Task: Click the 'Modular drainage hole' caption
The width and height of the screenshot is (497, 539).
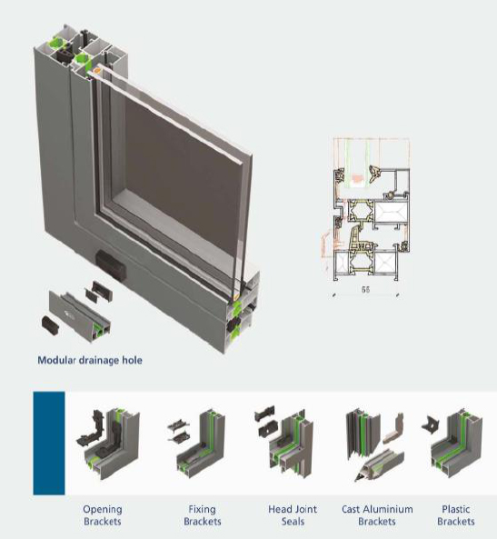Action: [90, 360]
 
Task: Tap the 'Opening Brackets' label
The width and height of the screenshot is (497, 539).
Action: [103, 515]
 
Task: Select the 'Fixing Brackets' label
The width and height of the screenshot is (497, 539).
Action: [202, 515]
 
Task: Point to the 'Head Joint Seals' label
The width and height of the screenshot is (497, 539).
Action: [293, 515]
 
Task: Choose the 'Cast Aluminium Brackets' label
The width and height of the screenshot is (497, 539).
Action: [377, 515]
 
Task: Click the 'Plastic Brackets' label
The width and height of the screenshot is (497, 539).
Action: [456, 515]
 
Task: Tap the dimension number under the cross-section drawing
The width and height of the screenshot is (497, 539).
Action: [365, 289]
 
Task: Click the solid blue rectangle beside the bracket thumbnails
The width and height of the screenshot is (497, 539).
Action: [49, 443]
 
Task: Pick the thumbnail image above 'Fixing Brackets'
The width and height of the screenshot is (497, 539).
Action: [196, 444]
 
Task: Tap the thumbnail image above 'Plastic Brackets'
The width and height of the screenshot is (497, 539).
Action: [452, 442]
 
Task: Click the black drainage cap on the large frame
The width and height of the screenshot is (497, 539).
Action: [111, 265]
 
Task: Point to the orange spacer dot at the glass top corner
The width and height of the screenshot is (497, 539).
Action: [97, 71]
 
